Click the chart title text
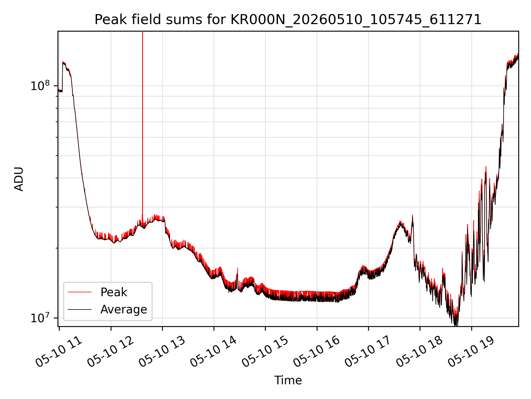click(x=288, y=20)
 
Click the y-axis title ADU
click(x=19, y=179)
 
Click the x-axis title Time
click(x=288, y=380)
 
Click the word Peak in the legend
click(x=114, y=292)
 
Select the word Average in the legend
click(x=124, y=310)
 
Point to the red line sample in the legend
click(x=80, y=292)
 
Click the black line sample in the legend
click(x=80, y=309)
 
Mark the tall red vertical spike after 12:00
click(x=142, y=125)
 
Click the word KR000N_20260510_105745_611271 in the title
click(x=356, y=20)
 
